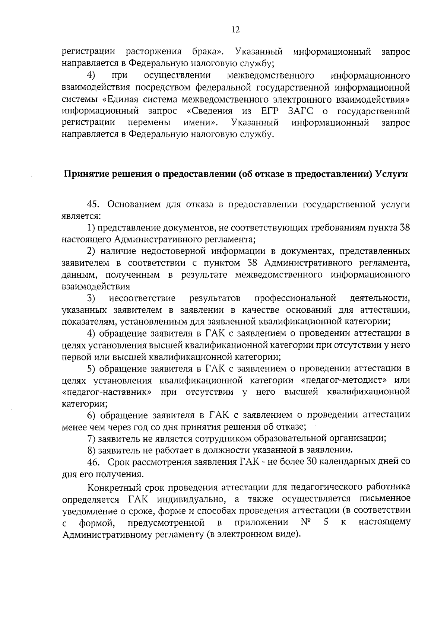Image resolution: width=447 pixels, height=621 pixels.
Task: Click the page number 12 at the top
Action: click(x=235, y=30)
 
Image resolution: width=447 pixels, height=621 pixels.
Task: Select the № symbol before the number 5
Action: click(x=305, y=522)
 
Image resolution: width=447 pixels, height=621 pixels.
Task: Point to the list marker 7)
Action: click(x=92, y=439)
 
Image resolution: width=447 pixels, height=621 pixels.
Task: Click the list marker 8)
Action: click(x=92, y=450)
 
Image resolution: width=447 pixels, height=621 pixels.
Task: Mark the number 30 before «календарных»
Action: click(x=311, y=462)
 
